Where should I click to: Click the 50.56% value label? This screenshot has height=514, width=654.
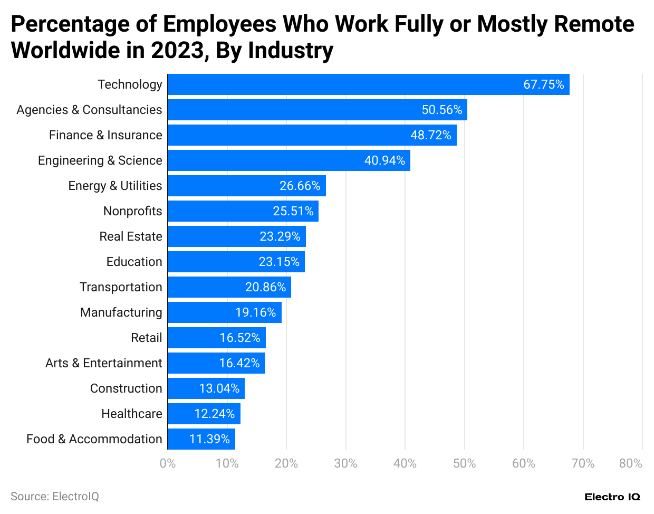coord(442,110)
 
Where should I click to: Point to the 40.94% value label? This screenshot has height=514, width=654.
coord(385,160)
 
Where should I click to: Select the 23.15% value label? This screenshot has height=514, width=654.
coord(279,262)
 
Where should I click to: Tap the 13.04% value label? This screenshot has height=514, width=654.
coord(219,388)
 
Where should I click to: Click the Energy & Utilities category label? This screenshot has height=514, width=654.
coord(115,186)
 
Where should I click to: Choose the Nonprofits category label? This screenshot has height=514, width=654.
coord(132,211)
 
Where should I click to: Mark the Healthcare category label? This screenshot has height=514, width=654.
coord(131,414)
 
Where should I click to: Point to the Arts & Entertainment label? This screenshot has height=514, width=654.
coord(103,363)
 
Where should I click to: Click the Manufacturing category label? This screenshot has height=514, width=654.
coord(121,312)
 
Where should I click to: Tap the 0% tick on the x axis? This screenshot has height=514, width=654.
coord(168,463)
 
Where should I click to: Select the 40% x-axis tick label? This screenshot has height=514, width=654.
coord(405,463)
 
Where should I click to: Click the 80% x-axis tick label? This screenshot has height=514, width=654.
coord(630,463)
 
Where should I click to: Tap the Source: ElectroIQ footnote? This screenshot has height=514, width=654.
coord(55,497)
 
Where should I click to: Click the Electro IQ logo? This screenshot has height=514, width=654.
coord(612,497)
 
